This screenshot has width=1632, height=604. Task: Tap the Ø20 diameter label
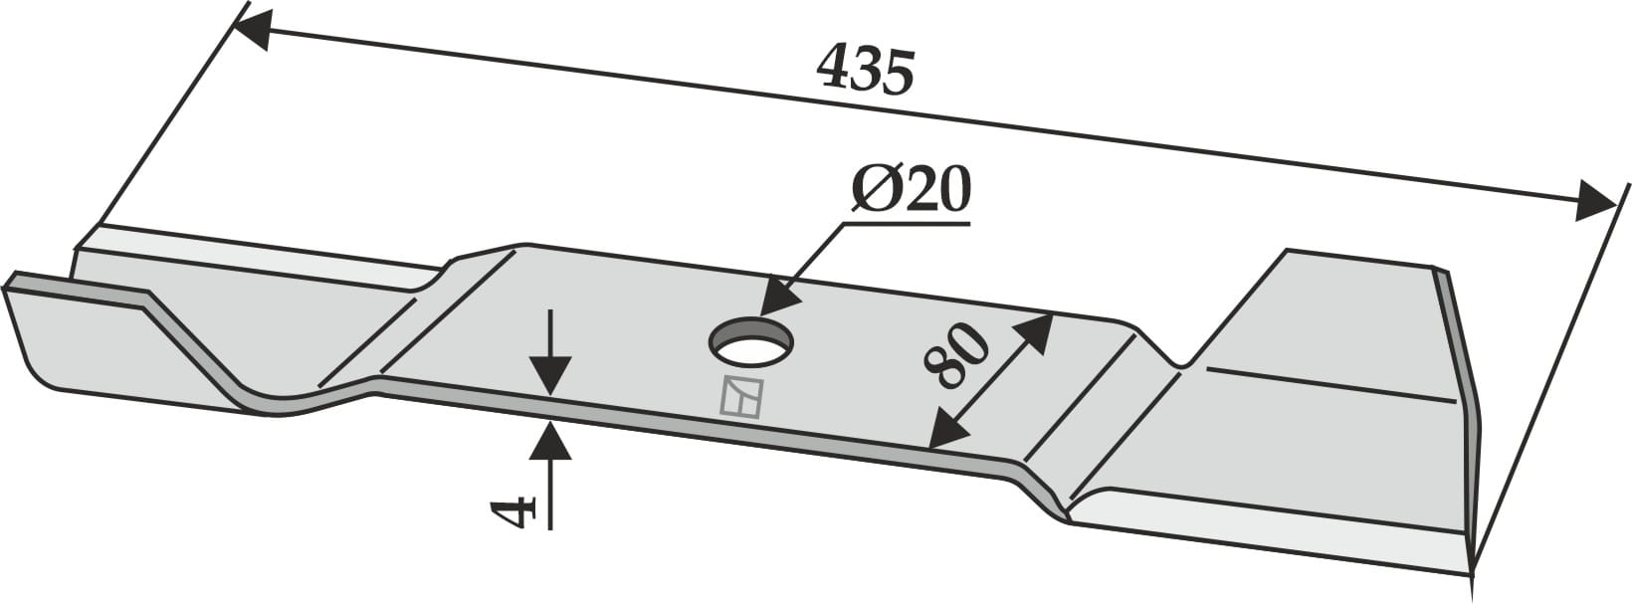[x=910, y=190]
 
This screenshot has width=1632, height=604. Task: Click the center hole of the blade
[x=751, y=342]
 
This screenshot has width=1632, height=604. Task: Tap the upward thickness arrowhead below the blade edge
[x=550, y=441]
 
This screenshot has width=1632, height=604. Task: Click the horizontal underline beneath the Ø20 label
[x=906, y=224]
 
